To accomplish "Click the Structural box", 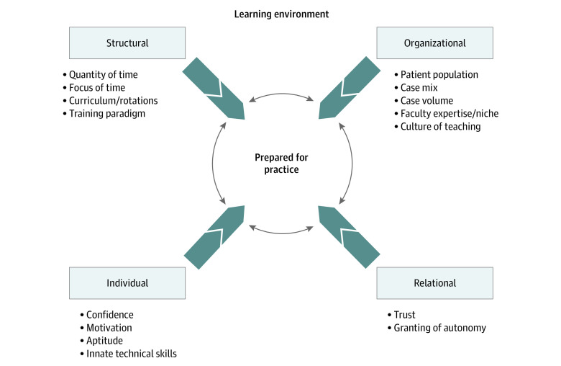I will click(x=127, y=43).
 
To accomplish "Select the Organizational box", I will click(x=435, y=43).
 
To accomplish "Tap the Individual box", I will click(x=127, y=283).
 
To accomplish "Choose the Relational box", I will click(x=435, y=283).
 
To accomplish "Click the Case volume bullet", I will click(x=427, y=100).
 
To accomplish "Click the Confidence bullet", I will click(x=109, y=315).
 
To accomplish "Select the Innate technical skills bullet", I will click(x=131, y=354).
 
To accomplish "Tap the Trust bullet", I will click(x=404, y=315).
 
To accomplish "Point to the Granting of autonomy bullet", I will click(x=439, y=328).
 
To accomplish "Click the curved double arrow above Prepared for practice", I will click(x=280, y=96).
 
